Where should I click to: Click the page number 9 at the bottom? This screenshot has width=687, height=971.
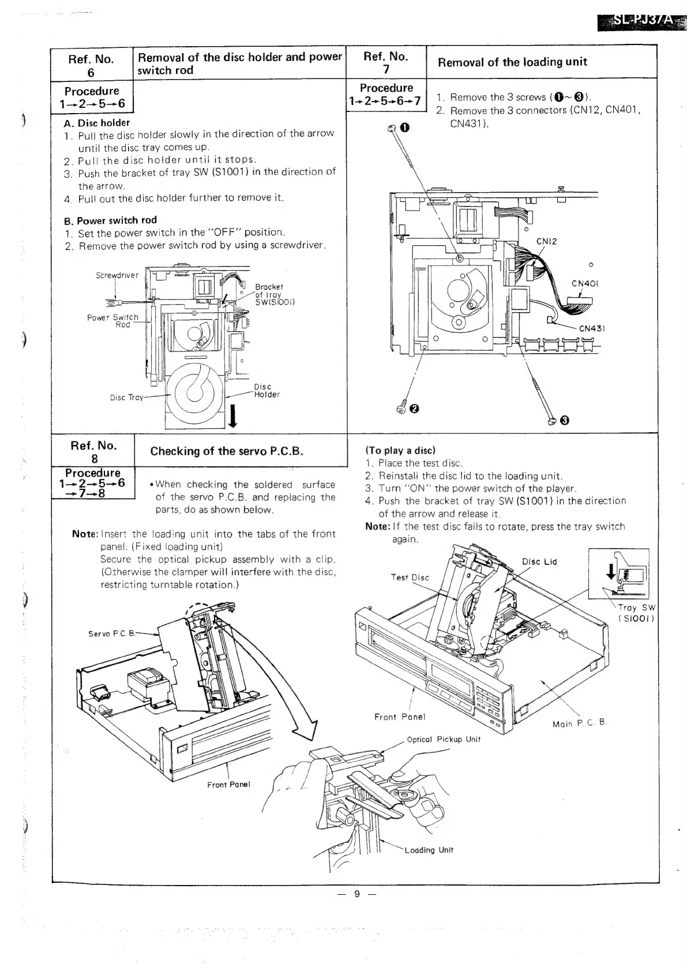point(356,894)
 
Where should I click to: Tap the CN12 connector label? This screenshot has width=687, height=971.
point(546,241)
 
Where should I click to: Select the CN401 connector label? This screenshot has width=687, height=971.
point(584,283)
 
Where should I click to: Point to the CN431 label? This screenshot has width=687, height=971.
point(591,329)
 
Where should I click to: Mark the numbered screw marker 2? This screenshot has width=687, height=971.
point(413,410)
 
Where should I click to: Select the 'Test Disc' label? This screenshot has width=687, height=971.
point(410,578)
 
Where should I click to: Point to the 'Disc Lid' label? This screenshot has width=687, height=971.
point(539,562)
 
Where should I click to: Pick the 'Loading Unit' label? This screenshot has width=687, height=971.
point(429,850)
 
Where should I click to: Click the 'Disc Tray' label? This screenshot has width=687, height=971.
point(126,398)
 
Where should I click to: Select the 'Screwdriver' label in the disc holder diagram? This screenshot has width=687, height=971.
point(117,275)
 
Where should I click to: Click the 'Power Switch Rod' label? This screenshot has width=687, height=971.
point(113,321)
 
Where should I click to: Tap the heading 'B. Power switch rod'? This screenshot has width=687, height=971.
point(110,220)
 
